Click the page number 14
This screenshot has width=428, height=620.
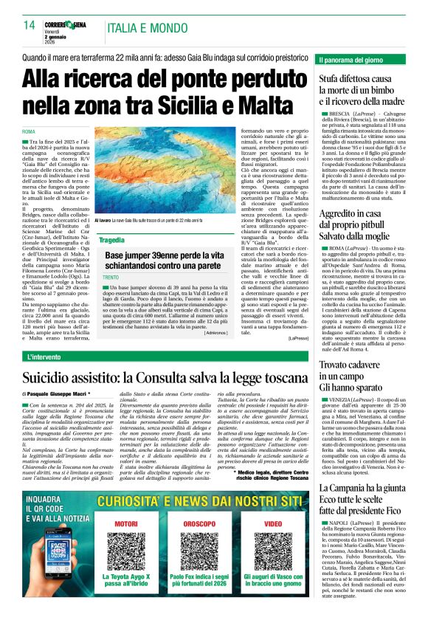click(x=30, y=26)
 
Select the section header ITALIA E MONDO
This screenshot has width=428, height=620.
click(x=148, y=28)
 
